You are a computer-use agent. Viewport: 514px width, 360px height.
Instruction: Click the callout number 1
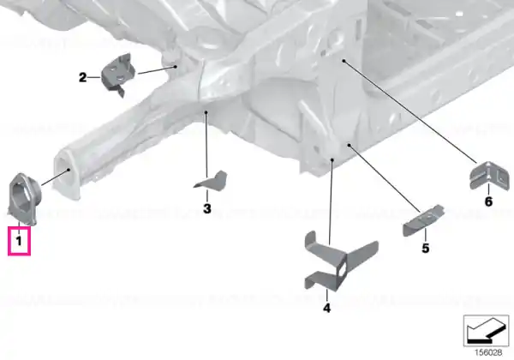click(x=19, y=241)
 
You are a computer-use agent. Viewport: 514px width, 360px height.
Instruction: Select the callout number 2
click(x=82, y=77)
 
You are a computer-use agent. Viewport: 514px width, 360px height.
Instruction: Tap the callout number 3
click(x=207, y=208)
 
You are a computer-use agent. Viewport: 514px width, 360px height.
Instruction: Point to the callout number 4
click(x=327, y=308)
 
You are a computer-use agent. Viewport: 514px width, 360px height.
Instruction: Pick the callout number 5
click(x=425, y=248)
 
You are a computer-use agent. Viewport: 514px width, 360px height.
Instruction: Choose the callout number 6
click(x=488, y=201)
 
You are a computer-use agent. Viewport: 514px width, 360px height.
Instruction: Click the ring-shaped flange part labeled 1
click(x=24, y=199)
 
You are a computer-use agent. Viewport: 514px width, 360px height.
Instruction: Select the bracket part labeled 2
click(x=118, y=75)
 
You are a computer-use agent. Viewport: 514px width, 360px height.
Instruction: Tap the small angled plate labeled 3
click(x=212, y=181)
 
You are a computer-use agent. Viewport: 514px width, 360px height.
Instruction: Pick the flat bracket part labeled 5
click(x=423, y=219)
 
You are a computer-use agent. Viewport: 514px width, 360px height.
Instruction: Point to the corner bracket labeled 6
click(x=490, y=175)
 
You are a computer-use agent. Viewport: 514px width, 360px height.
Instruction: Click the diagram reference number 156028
click(x=488, y=352)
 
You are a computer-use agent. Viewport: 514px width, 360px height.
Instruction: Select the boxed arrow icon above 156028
click(x=486, y=331)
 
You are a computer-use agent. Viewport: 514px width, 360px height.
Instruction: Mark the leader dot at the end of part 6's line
click(x=344, y=61)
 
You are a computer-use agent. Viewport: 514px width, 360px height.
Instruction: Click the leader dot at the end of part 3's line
click(x=206, y=112)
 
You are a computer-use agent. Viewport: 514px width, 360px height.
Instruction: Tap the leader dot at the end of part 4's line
click(x=332, y=160)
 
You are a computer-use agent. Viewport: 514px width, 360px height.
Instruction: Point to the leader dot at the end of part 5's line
click(x=350, y=145)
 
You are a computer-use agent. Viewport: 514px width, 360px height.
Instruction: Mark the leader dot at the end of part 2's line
click(x=176, y=67)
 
